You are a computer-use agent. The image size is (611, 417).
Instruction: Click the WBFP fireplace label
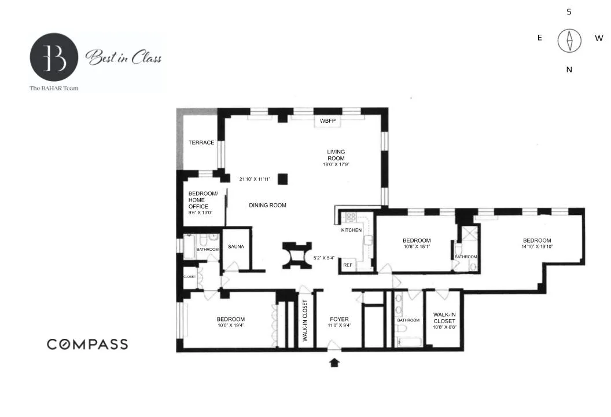327,121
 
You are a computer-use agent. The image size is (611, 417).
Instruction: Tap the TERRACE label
201,142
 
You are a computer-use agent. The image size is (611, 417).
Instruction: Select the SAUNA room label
236,247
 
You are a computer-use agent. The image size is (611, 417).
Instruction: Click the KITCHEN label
351,230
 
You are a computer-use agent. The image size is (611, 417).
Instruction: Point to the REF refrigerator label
348,265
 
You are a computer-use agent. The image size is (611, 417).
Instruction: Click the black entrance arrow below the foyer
334,363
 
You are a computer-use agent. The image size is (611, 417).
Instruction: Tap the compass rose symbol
569,41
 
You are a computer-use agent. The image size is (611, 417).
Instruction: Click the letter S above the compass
569,12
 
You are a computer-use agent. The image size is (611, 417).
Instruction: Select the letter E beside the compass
540,38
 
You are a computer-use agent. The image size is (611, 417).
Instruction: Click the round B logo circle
54,57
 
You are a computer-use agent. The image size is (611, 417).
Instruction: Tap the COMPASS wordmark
87,344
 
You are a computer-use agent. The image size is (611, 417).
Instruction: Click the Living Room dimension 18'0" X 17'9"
336,164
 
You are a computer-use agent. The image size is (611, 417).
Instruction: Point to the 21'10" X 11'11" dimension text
255,179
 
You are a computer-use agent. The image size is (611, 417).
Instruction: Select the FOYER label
338,319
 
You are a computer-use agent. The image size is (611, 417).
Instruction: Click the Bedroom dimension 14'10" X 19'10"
537,247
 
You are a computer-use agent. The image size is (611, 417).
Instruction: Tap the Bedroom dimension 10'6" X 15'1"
417,247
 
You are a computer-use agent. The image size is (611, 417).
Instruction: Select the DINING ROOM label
267,205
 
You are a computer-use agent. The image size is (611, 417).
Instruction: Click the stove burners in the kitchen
349,217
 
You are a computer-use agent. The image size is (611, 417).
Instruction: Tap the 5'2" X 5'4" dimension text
323,258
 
